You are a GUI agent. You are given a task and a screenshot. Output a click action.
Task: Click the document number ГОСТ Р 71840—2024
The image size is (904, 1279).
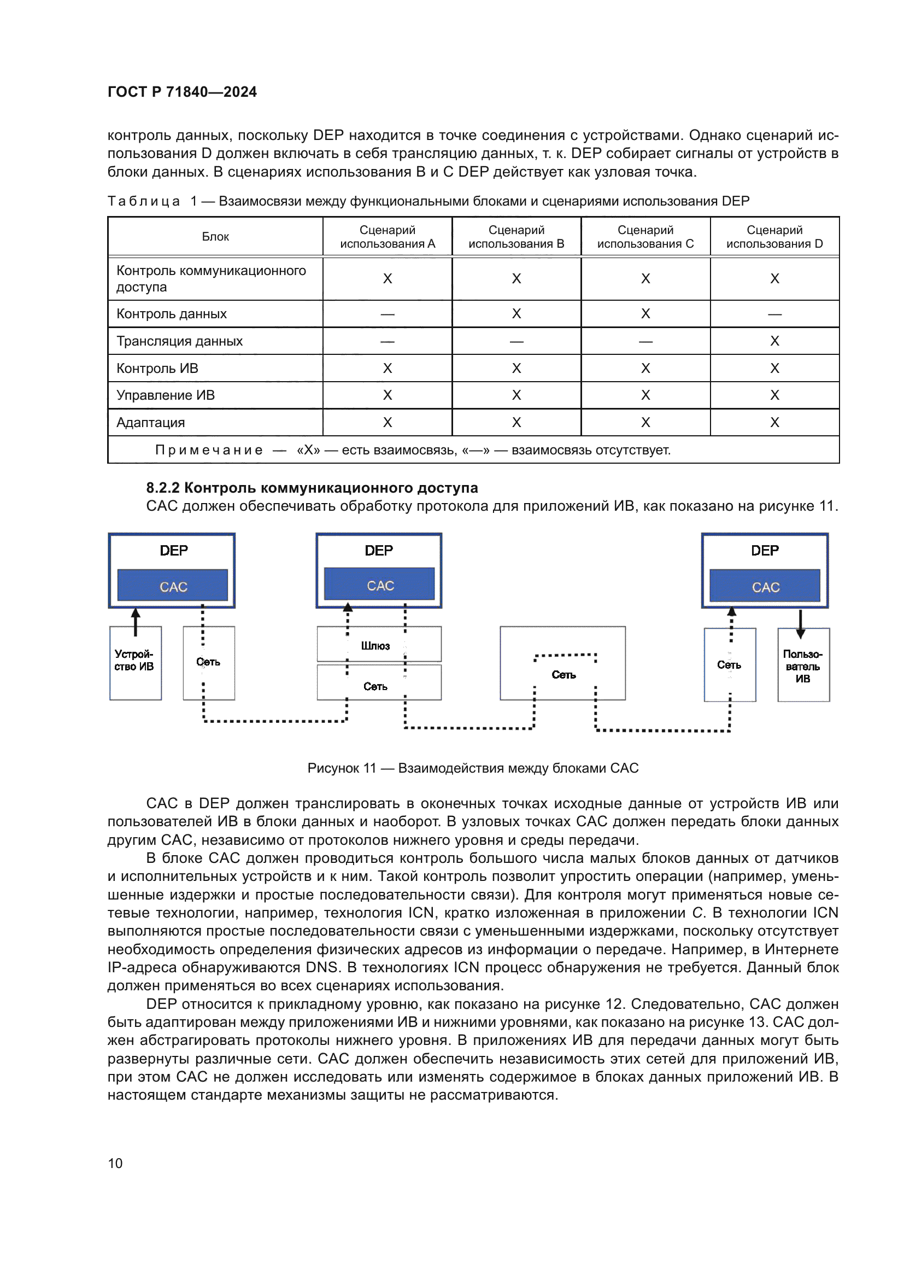coord(182,92)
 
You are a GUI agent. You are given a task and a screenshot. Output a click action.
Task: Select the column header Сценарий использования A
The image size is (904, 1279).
coord(388,237)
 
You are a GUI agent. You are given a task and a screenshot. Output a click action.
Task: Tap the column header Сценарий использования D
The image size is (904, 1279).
coord(774,237)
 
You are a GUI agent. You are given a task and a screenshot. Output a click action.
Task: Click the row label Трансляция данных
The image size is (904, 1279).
coord(179,341)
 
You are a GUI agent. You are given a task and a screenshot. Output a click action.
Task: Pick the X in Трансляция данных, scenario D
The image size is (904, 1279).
coord(774,341)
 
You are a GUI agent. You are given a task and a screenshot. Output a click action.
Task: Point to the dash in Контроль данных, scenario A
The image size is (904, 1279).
coord(388,314)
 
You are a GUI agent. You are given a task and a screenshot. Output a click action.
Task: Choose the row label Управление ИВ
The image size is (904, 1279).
coord(165,395)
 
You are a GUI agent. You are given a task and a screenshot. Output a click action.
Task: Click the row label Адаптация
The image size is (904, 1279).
coord(150,422)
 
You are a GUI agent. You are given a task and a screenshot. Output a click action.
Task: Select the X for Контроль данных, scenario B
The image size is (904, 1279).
coord(516,314)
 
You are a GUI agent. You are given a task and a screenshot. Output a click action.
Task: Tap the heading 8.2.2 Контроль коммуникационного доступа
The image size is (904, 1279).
coord(312,488)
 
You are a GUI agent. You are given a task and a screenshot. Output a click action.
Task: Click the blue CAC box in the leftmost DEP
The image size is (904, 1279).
coord(173,586)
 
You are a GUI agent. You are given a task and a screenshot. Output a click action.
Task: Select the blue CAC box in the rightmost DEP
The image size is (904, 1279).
coord(765,587)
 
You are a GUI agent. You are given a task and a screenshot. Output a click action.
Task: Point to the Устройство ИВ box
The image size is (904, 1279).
coord(135,663)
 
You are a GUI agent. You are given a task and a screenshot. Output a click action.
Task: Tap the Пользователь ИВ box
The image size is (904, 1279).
coord(803,665)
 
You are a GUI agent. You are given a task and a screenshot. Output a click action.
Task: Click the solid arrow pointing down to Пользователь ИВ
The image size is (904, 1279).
coord(801,624)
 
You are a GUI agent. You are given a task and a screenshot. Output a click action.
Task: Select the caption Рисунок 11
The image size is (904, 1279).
coord(473,768)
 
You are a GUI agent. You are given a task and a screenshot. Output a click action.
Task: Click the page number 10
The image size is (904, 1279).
coord(115,1163)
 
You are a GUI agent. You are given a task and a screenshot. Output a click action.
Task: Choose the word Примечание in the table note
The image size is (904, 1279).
coord(209,450)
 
